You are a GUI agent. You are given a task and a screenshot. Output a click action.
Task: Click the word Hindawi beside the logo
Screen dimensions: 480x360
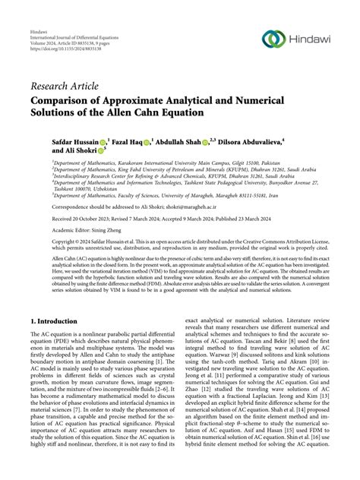[x=309, y=39]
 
